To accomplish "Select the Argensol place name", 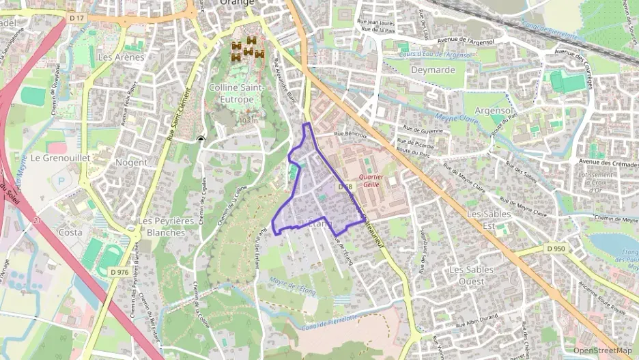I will pyautogui.click(x=493, y=110).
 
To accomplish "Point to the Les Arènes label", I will pyautogui.click(x=122, y=57).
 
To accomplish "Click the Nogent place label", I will pyautogui.click(x=131, y=163).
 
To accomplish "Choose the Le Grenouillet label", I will pyautogui.click(x=61, y=157).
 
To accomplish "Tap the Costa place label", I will pyautogui.click(x=70, y=232).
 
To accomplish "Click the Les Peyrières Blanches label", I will pyautogui.click(x=161, y=227).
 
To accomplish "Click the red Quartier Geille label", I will pyautogui.click(x=371, y=180).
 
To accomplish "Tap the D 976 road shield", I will pyautogui.click(x=119, y=273).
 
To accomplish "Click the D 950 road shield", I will pyautogui.click(x=556, y=249).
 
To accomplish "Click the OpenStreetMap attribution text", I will pyautogui.click(x=602, y=351).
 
